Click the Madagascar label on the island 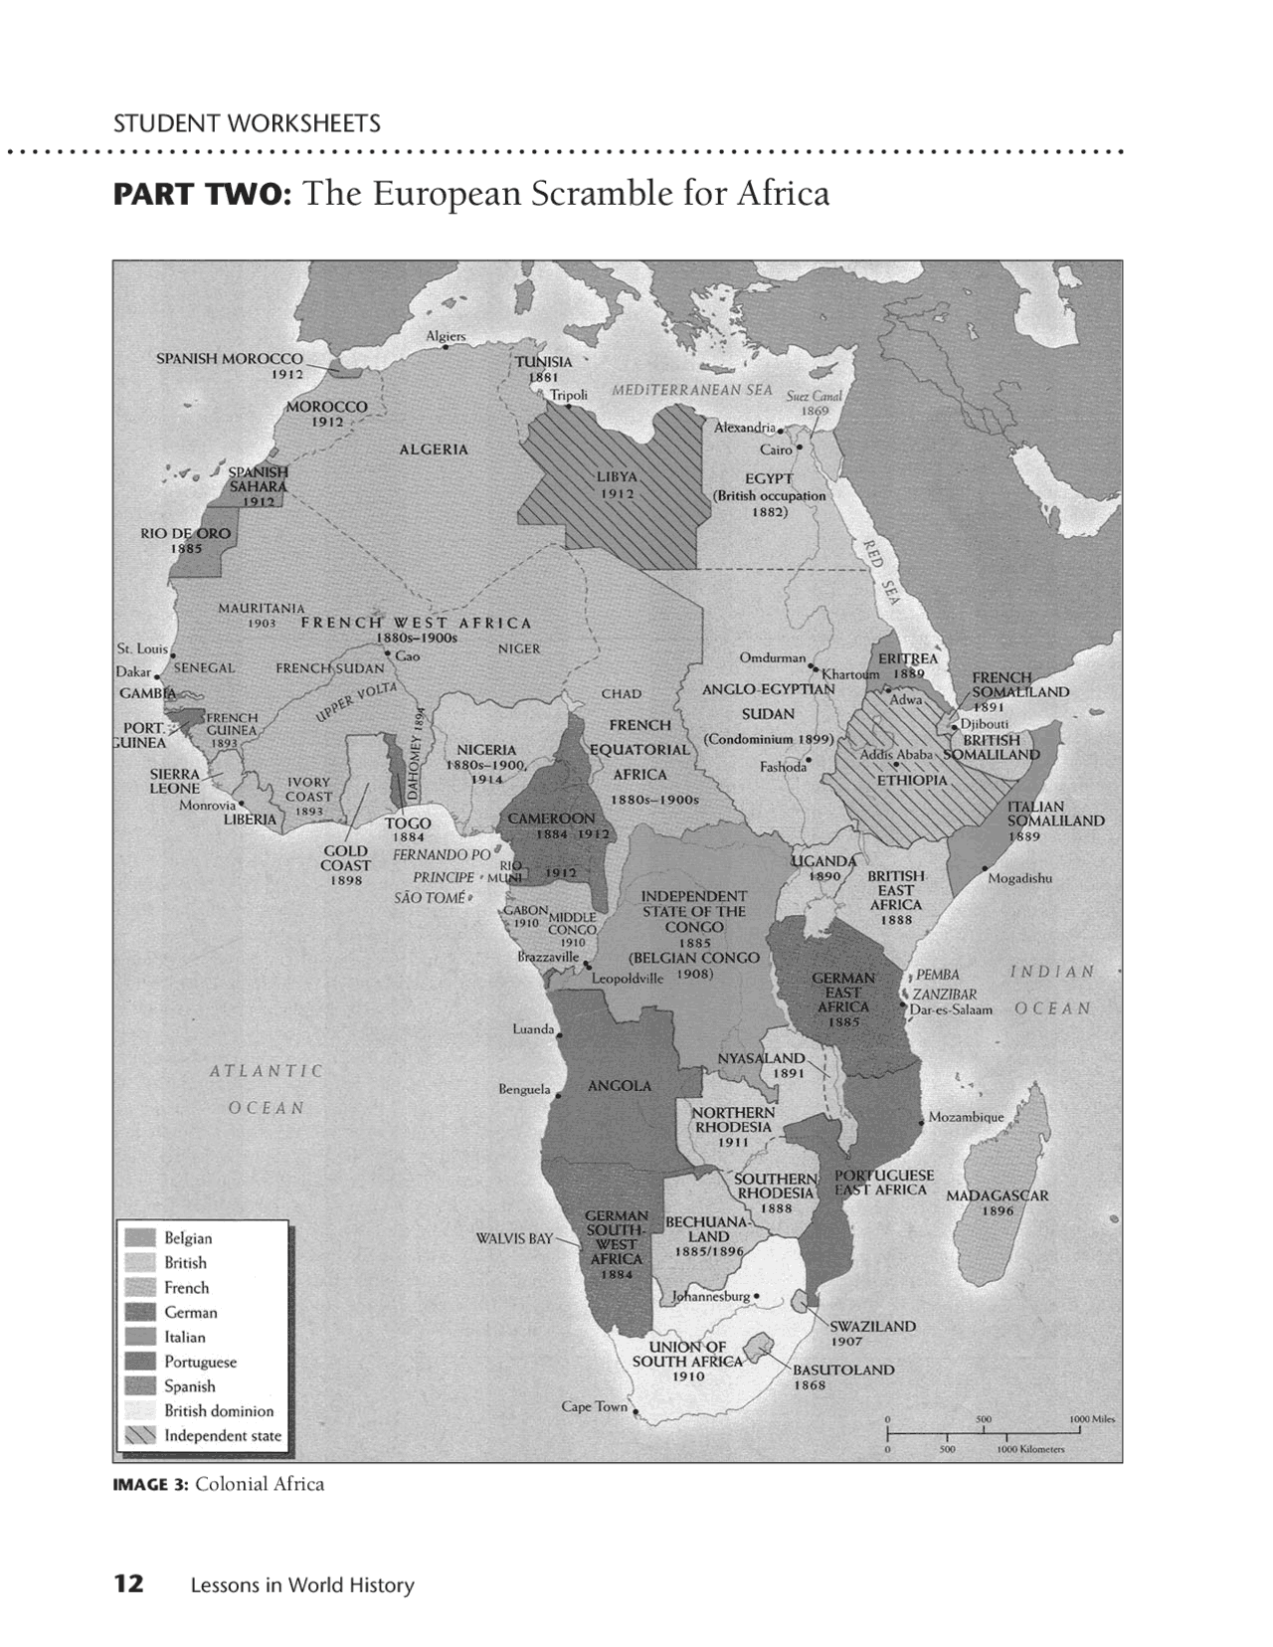click(997, 1195)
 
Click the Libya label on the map click(617, 476)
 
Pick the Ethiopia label click(911, 780)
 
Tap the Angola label click(619, 1086)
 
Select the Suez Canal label click(814, 396)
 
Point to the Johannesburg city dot click(758, 1296)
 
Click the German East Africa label click(842, 993)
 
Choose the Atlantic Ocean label click(267, 1089)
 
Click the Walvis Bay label click(513, 1239)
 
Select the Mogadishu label click(1019, 878)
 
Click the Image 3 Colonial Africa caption click(219, 1485)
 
